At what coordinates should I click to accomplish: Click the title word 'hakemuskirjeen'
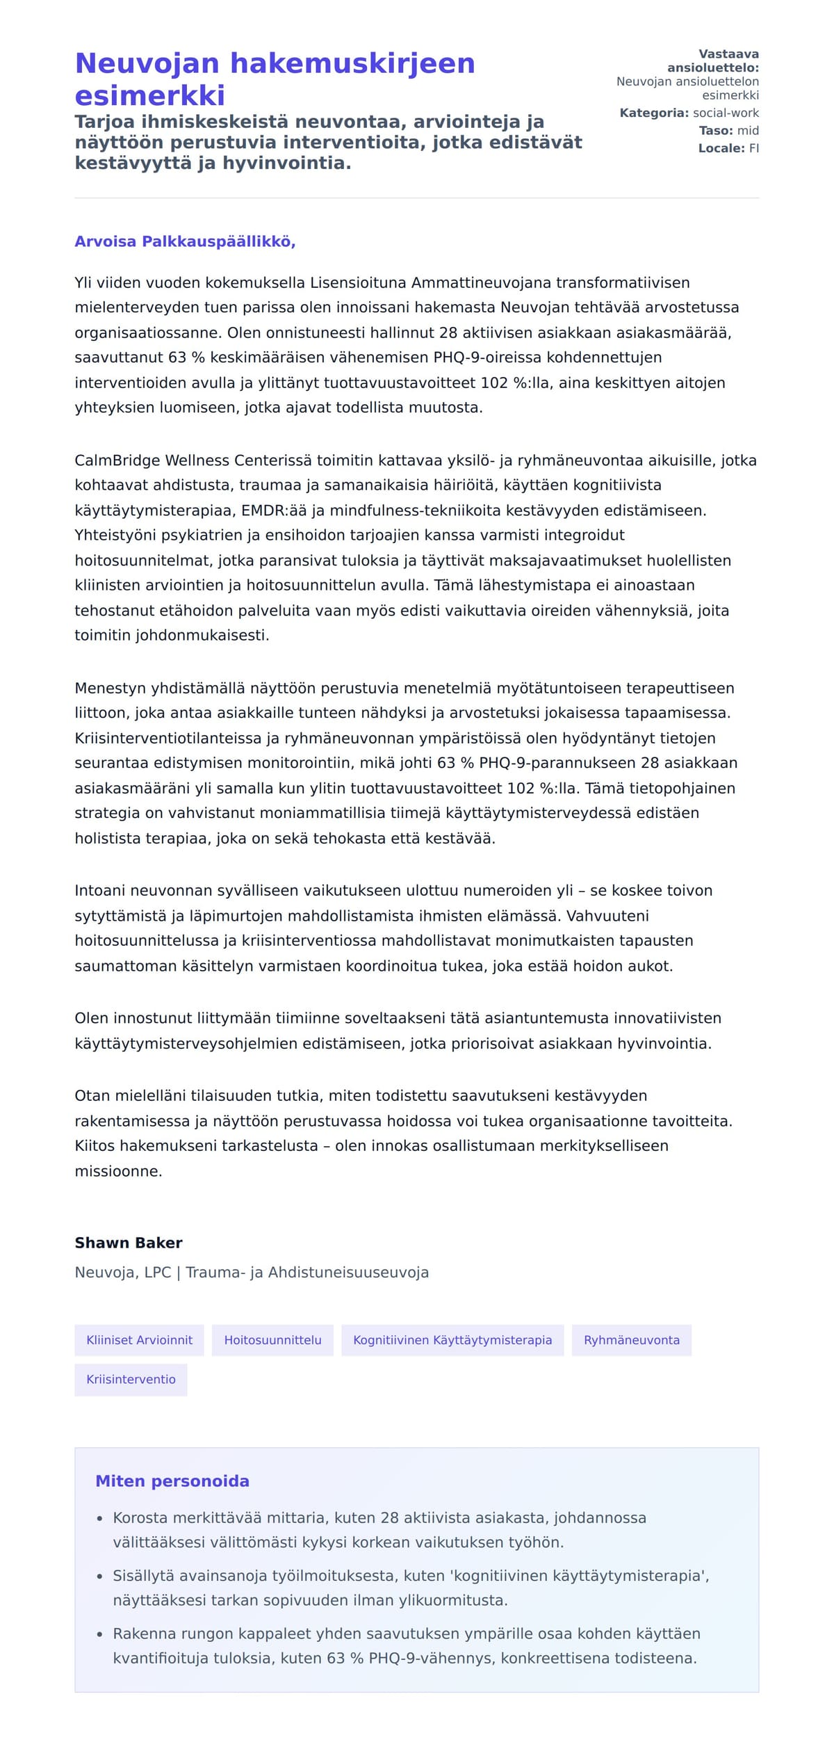[352, 63]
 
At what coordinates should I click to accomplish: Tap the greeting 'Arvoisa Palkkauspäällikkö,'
[185, 241]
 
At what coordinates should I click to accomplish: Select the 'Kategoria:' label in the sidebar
[654, 113]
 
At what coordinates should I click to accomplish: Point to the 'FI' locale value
[753, 148]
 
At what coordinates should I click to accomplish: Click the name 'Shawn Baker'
[129, 1242]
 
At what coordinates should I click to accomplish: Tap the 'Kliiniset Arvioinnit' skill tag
[139, 1339]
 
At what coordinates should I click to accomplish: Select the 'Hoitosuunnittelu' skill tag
[272, 1339]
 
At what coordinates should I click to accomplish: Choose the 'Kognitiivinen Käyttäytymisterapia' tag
[452, 1339]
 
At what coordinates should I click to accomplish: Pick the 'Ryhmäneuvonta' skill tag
[631, 1339]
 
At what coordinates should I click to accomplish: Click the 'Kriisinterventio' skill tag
[131, 1379]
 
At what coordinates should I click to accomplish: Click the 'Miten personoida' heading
[172, 1481]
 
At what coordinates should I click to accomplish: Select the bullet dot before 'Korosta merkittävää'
[100, 1519]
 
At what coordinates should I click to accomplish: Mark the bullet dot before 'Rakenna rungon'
[100, 1634]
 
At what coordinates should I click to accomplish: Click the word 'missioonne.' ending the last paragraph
[118, 1171]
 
